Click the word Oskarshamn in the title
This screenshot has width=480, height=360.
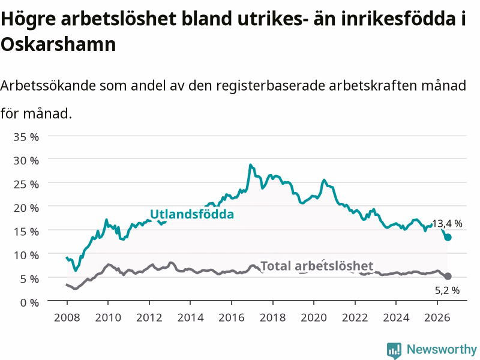58,44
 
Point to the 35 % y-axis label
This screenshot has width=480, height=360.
26,137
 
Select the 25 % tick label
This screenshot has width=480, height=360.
26,184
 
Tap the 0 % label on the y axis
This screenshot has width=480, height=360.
29,303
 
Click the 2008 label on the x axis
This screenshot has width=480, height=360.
67,317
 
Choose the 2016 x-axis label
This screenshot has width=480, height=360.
232,317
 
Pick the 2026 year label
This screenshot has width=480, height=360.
437,317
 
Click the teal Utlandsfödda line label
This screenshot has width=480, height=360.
192,214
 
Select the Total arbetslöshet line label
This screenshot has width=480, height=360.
317,266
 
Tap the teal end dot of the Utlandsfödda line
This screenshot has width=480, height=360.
448,237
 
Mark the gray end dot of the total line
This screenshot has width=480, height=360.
448,277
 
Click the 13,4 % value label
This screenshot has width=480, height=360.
447,224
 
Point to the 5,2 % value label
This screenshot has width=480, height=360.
447,290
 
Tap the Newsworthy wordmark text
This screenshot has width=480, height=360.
442,349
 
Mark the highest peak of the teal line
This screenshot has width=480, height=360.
250,165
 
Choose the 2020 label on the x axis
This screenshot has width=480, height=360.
314,317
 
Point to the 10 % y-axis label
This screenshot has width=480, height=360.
26,256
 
